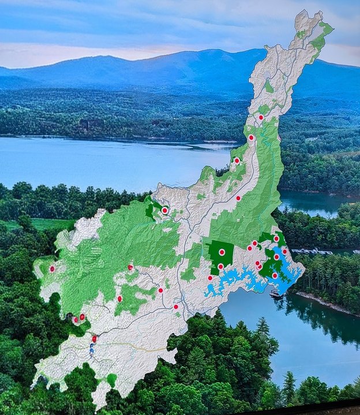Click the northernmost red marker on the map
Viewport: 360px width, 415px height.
tap(261, 117)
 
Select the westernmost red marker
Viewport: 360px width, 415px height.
tap(52, 269)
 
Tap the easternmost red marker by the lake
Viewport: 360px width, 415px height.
tap(284, 251)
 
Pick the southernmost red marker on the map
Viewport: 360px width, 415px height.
tap(94, 339)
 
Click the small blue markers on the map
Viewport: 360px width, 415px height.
tap(92, 349)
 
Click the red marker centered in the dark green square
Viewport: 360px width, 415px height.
tap(222, 252)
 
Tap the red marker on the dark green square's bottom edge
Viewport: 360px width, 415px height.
tap(220, 266)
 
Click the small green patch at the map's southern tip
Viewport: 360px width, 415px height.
tap(111, 379)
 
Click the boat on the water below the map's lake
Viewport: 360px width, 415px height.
tap(276, 295)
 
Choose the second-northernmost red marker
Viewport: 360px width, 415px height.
tap(251, 137)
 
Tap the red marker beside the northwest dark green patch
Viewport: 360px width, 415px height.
tap(164, 210)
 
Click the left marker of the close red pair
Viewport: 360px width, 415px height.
tap(75, 319)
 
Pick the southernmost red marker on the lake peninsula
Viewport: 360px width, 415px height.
tap(275, 276)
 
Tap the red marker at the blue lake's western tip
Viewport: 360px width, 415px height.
tap(210, 278)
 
